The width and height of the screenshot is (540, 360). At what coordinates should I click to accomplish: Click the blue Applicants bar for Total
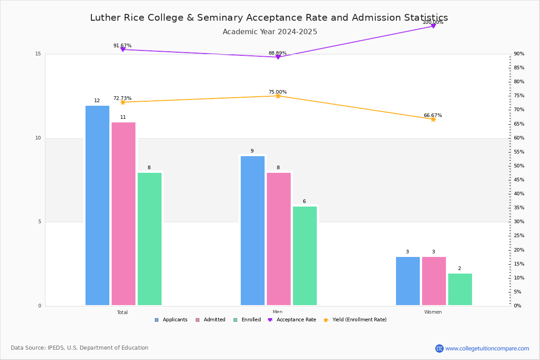click(x=97, y=205)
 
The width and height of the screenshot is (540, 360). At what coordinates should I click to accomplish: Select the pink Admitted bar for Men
click(x=279, y=238)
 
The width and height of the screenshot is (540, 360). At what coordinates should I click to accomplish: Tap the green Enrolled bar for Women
click(x=460, y=289)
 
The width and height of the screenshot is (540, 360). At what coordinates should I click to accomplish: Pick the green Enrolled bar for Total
click(x=149, y=238)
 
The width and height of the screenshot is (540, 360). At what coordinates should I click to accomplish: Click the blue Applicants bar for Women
click(x=408, y=281)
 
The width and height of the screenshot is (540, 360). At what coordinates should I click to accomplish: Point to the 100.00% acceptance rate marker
click(x=433, y=26)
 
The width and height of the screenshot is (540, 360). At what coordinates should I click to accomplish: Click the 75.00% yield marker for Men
click(x=278, y=96)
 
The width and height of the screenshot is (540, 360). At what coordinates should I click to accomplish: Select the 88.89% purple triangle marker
click(x=278, y=57)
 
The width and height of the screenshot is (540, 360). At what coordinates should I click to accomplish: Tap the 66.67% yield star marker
click(x=433, y=119)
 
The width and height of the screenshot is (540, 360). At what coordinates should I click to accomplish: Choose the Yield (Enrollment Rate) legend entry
click(x=359, y=320)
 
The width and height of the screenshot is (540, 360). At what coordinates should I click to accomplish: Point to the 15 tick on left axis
click(x=38, y=54)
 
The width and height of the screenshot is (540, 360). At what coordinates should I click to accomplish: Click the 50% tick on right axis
click(x=519, y=166)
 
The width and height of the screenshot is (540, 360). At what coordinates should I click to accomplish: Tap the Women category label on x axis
click(x=433, y=312)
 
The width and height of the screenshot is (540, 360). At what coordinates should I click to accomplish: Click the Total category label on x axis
click(x=122, y=312)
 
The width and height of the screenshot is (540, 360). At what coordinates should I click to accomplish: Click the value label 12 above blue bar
click(x=97, y=101)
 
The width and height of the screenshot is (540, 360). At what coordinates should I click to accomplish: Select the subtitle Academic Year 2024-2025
click(x=270, y=32)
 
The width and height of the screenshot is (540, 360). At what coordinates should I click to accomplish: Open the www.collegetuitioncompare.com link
click(x=487, y=348)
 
